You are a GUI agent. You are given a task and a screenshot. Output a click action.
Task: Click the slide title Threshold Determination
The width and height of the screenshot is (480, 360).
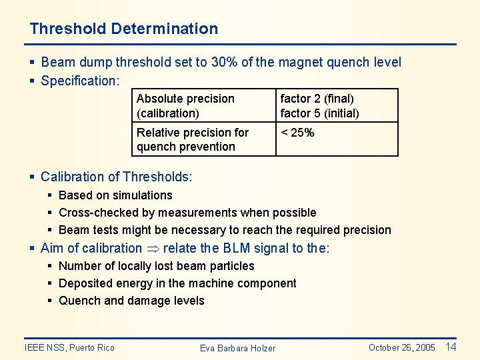[x=123, y=29]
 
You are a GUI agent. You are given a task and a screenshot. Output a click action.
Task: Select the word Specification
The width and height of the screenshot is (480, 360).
[x=79, y=81]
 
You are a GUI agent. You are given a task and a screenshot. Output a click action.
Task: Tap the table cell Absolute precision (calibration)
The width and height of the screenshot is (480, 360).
[x=185, y=105]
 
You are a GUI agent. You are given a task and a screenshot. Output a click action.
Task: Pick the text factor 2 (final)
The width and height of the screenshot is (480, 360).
[x=317, y=99]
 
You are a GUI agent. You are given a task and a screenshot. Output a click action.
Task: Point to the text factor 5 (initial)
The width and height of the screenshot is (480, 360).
[x=319, y=113]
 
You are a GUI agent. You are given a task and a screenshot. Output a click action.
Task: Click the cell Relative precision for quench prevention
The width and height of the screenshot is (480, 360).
[x=192, y=139]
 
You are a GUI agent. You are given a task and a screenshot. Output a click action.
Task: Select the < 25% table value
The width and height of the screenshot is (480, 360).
[x=297, y=133]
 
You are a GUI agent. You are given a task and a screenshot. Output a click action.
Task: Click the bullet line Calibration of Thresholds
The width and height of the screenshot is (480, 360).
[x=116, y=177]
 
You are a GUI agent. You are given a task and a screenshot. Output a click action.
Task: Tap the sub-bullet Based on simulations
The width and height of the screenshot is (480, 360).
[x=115, y=195]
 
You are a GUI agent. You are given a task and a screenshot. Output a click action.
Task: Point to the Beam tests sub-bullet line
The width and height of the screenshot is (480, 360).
[x=225, y=230]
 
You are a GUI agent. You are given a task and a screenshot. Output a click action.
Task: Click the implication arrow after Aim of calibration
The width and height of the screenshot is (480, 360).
[x=152, y=249]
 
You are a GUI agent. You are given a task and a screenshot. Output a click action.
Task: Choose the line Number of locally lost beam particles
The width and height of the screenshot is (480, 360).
[x=156, y=266]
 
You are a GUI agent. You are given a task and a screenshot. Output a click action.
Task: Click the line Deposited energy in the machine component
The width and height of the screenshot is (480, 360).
[x=177, y=283]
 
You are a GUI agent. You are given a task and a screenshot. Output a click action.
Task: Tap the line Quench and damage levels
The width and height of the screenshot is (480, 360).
[x=131, y=301]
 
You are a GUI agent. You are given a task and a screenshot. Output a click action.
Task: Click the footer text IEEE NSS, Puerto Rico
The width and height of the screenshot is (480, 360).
[x=69, y=347]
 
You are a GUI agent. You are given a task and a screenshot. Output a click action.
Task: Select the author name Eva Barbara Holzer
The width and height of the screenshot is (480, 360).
[x=237, y=348]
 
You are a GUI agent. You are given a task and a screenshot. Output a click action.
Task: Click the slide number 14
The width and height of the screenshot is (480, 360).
[x=451, y=347]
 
